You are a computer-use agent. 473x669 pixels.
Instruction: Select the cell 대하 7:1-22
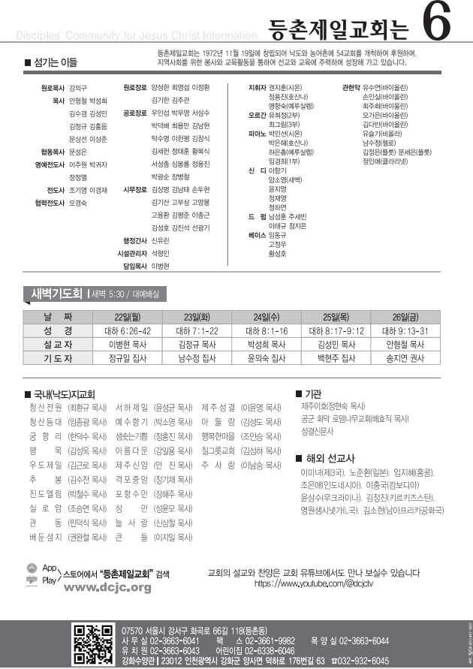coord(197,330)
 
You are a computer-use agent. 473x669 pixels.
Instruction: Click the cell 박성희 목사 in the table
coord(267,345)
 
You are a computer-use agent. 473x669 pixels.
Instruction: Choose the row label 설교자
coord(58,345)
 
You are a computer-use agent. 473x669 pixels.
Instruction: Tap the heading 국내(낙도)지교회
coord(64,393)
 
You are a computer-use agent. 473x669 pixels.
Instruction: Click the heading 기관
coord(313,393)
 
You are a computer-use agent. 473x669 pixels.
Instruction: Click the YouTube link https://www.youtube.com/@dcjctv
coord(313,582)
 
